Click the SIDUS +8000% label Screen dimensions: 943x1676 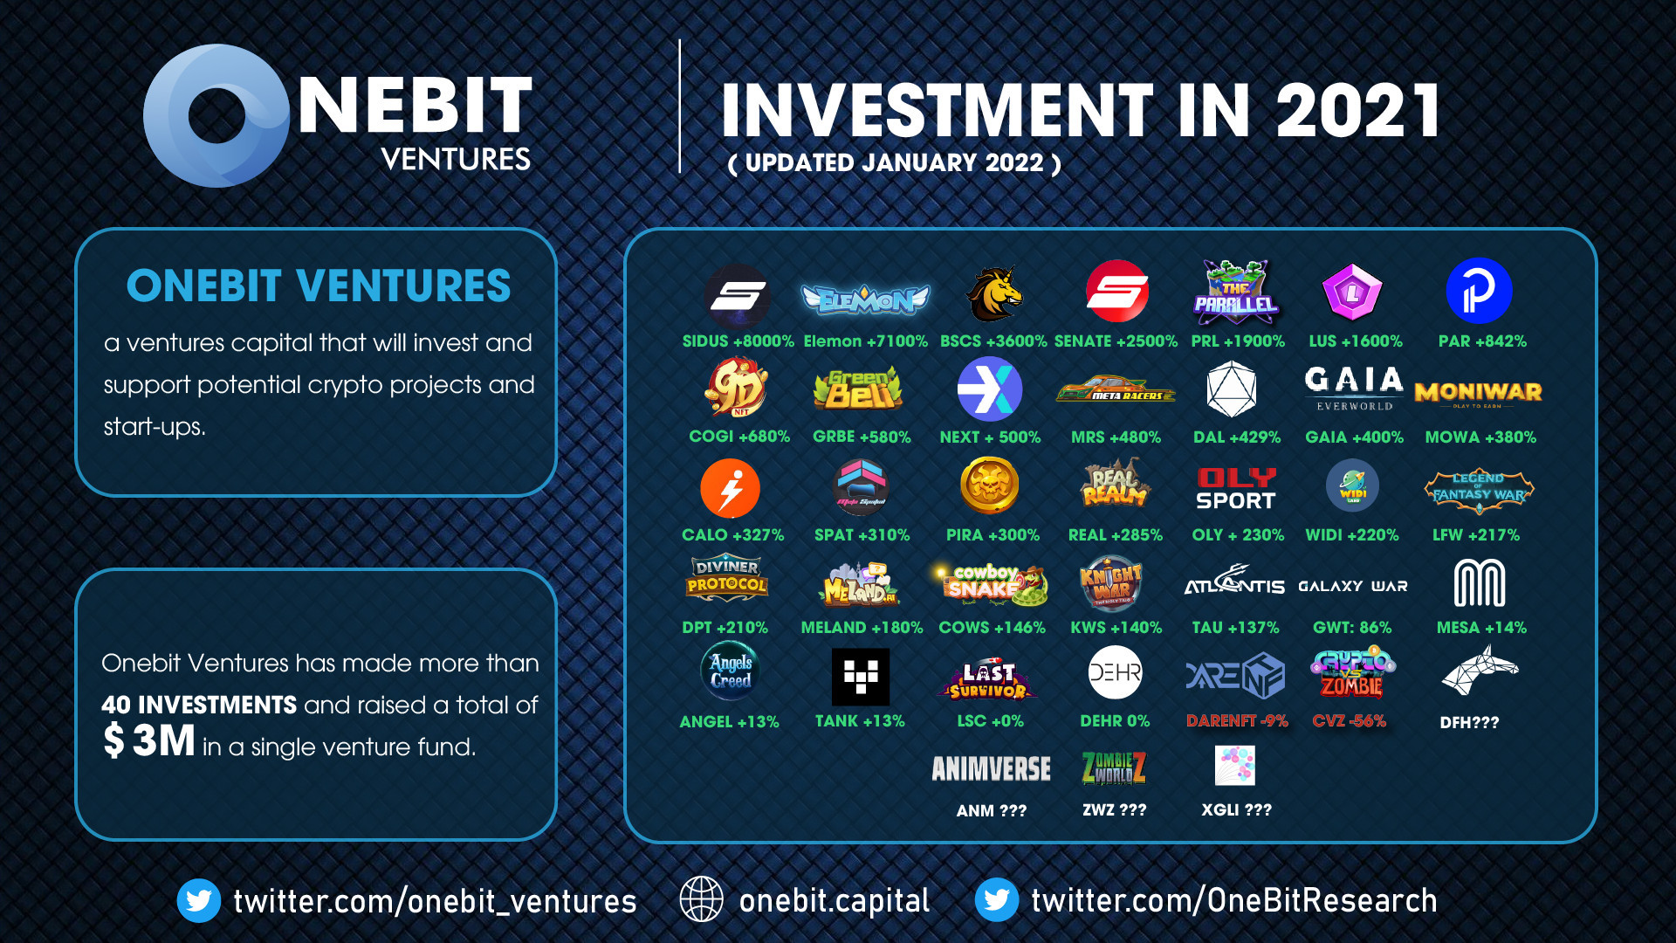738,341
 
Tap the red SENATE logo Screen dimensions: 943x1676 1116,292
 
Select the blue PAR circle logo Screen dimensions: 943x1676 1479,292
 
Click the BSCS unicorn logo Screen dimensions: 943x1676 993,294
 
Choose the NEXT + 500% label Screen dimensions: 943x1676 990,437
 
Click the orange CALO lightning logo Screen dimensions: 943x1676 730,489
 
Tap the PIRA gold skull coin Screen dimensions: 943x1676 989,485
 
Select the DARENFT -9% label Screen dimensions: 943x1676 1237,721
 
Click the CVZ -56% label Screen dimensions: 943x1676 1349,721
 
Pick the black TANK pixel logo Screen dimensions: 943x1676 860,677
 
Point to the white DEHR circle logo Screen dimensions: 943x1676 1115,673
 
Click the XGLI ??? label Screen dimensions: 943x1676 1236,810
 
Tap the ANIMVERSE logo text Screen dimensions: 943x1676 991,769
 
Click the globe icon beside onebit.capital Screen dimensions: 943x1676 701,899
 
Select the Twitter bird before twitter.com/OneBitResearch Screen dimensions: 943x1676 996,900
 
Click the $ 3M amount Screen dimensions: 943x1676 149,741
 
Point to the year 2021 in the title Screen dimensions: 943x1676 1357,111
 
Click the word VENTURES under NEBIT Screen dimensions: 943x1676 456,160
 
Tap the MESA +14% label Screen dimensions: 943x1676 1481,628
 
